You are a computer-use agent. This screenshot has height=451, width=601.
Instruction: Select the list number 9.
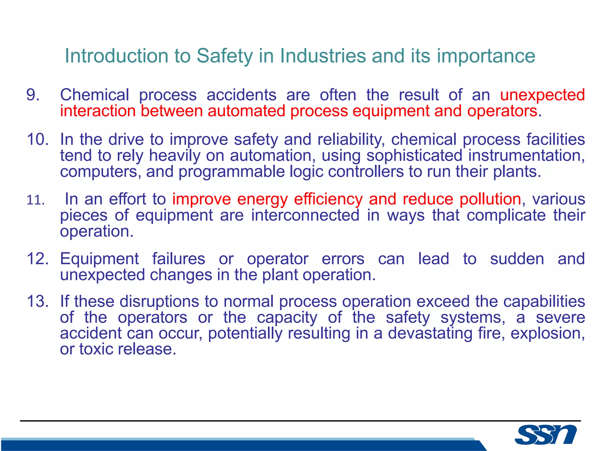click(x=33, y=95)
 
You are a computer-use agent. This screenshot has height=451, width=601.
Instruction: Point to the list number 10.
click(x=38, y=139)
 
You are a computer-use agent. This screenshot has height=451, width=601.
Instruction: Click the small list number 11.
click(x=36, y=200)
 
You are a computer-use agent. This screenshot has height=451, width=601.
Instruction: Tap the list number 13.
click(x=38, y=302)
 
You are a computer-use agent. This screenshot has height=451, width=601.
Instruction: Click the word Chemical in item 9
click(x=94, y=95)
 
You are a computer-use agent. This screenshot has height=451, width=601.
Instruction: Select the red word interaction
click(x=98, y=111)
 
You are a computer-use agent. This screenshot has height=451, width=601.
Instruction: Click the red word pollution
click(x=490, y=199)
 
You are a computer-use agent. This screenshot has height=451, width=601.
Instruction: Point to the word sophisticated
click(x=414, y=155)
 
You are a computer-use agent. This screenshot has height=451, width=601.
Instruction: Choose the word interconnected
click(x=305, y=215)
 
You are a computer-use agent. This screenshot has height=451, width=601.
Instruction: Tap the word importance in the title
click(x=486, y=56)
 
